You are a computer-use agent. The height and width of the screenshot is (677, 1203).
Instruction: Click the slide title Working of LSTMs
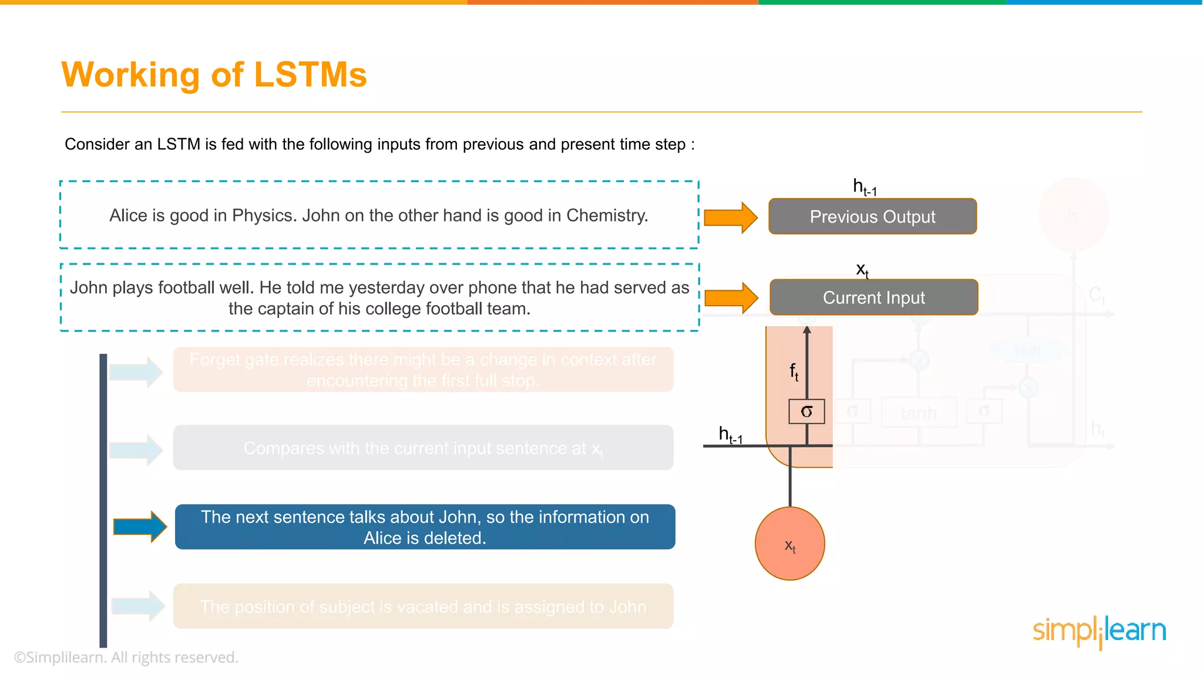click(x=214, y=75)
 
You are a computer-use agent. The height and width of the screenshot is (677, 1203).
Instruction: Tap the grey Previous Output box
click(x=872, y=217)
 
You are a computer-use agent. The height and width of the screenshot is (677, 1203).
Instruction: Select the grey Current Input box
click(x=873, y=298)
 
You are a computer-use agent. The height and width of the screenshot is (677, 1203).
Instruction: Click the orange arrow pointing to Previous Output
click(x=730, y=218)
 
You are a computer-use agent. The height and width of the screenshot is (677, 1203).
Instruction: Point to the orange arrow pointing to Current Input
click(x=731, y=298)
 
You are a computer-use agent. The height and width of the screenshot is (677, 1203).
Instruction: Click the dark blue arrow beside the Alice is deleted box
click(x=139, y=527)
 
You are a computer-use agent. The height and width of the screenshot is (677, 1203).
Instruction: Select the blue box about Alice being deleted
click(x=425, y=527)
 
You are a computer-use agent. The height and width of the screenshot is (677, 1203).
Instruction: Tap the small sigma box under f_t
click(x=807, y=411)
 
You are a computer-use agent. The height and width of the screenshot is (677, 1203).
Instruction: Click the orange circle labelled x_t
click(x=790, y=544)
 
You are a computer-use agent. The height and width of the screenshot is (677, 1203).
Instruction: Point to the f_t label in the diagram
click(x=794, y=371)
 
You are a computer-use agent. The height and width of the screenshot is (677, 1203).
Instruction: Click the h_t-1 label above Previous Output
click(x=865, y=187)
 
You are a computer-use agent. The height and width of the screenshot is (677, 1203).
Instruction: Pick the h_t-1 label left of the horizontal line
click(x=730, y=435)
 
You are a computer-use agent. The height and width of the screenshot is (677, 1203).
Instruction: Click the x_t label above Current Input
click(x=862, y=270)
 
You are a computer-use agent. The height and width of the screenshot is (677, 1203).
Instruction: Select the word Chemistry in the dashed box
click(x=607, y=216)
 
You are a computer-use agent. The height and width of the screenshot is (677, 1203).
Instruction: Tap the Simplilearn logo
click(x=1099, y=631)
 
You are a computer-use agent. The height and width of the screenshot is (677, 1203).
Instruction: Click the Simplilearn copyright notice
click(x=126, y=658)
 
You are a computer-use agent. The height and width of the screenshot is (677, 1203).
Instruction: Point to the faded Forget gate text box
click(x=423, y=370)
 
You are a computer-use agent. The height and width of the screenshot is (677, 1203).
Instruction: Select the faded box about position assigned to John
click(x=423, y=606)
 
